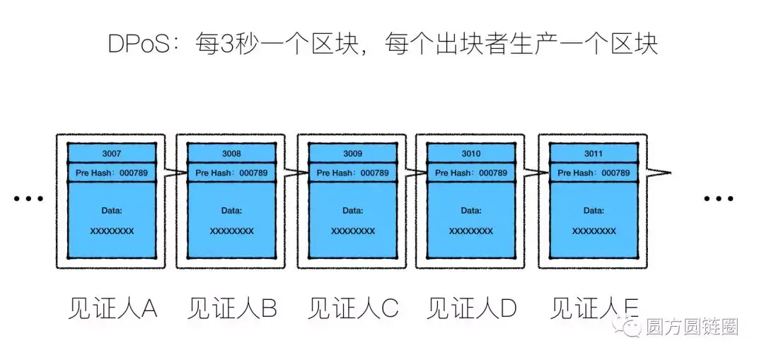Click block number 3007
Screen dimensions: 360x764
[x=111, y=153]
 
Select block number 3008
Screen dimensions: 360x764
[x=231, y=153]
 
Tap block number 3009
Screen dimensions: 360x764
[x=352, y=153]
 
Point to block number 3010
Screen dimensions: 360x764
[x=470, y=153]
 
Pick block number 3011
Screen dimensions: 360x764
[x=594, y=153]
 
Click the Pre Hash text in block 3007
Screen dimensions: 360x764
[x=111, y=173]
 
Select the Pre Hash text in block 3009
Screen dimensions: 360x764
[x=352, y=173]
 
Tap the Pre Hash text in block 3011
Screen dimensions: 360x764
[x=594, y=173]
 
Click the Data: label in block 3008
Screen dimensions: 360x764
[x=231, y=211]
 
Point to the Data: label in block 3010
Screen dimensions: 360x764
[x=470, y=211]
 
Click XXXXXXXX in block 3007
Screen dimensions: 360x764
[x=111, y=231]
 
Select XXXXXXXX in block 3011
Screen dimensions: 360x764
[x=594, y=231]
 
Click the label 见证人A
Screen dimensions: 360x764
[x=113, y=308]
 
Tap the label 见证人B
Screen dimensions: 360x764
[x=233, y=308]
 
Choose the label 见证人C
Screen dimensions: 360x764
[x=353, y=308]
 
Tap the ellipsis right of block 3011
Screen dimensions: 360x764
[x=719, y=199]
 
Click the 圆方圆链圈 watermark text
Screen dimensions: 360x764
[x=691, y=327]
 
